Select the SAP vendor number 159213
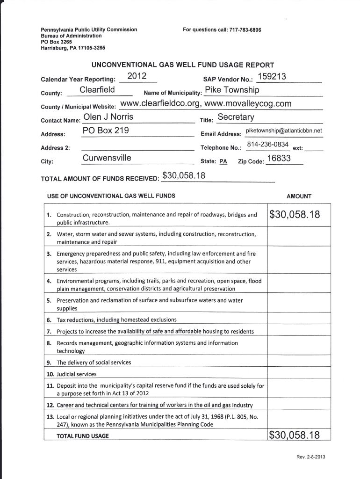point(272,77)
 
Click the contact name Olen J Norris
point(108,117)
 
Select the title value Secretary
point(236,117)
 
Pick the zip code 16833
point(279,158)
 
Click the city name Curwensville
point(107,158)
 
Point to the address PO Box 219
point(106,131)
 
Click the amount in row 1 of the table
point(295,215)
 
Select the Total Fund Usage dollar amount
point(295,435)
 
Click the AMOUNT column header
point(299,196)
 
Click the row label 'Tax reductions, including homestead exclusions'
point(117,320)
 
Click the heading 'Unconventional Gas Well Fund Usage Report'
point(182,65)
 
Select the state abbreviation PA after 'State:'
point(223,161)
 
